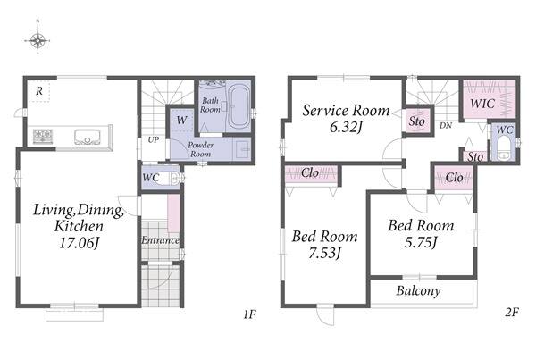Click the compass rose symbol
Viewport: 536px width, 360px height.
pos(38,39)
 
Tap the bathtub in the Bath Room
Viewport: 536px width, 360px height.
pos(239,105)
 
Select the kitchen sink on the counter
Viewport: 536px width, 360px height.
pos(88,137)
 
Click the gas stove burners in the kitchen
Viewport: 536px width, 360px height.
pos(43,136)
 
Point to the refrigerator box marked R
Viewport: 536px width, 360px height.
pos(38,91)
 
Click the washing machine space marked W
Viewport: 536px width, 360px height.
pos(181,121)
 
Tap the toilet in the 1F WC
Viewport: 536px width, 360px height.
pos(170,178)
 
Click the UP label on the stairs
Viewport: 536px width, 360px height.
pos(154,139)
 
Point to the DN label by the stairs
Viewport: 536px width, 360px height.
pos(446,125)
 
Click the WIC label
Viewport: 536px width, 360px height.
pos(482,104)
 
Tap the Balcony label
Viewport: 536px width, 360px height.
pos(418,291)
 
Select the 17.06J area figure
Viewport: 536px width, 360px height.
pos(80,243)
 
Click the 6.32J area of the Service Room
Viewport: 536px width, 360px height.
pos(345,127)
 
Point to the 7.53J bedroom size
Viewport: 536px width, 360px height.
pos(325,254)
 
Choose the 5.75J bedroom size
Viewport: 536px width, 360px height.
pos(421,242)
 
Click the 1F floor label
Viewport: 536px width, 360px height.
pos(250,314)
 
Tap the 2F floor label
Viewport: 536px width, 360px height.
pos(512,312)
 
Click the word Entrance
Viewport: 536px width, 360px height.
pos(160,240)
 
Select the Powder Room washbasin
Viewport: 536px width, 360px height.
pos(243,150)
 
